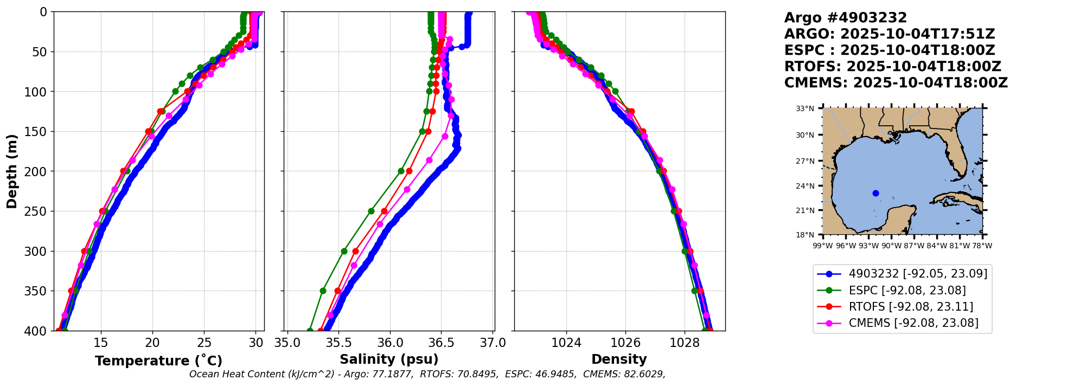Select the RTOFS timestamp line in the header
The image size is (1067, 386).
[x=892, y=67]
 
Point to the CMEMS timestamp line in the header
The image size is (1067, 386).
[x=896, y=83]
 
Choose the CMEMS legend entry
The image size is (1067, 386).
[x=913, y=323]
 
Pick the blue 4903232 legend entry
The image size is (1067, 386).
[x=917, y=274]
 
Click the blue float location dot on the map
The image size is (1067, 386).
[x=876, y=193]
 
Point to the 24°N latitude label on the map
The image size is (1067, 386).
[x=805, y=186]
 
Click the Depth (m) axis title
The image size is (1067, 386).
[x=12, y=171]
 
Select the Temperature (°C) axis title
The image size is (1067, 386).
[x=158, y=361]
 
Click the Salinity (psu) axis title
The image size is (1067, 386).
[x=389, y=359]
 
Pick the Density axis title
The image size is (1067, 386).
[x=619, y=359]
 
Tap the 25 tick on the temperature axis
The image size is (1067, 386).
[x=204, y=343]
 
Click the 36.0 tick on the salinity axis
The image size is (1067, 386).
[x=390, y=343]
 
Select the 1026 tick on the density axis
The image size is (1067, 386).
[x=625, y=343]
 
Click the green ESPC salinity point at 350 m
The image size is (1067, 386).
[x=323, y=291]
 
